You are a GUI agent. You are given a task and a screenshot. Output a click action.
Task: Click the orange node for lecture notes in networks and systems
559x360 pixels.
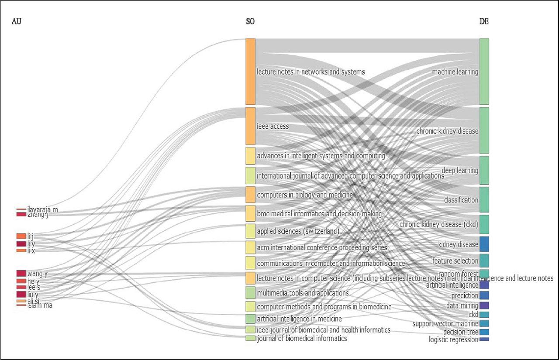click(x=250, y=72)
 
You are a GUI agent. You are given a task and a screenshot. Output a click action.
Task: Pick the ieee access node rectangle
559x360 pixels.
click(x=250, y=126)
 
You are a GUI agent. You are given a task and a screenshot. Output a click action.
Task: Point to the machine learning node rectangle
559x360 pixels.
click(x=484, y=72)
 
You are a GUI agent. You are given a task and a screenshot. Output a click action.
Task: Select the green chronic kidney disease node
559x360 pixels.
click(x=484, y=130)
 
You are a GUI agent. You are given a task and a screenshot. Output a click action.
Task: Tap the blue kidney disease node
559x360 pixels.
click(x=484, y=244)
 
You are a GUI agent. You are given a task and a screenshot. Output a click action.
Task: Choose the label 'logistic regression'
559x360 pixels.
click(x=453, y=339)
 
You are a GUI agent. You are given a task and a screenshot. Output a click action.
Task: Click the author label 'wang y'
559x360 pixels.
click(x=37, y=274)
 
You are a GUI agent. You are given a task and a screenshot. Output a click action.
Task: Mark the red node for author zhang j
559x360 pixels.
click(x=21, y=214)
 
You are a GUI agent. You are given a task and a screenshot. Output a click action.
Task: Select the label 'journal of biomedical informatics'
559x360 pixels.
click(x=302, y=339)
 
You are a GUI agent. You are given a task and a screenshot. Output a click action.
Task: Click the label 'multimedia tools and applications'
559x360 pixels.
click(x=303, y=293)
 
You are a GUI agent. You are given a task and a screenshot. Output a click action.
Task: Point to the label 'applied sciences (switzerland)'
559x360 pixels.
click(x=298, y=231)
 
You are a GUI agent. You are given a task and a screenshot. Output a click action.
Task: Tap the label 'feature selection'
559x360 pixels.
click(x=455, y=261)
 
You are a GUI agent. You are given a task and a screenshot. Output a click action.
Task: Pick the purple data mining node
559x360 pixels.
click(x=484, y=306)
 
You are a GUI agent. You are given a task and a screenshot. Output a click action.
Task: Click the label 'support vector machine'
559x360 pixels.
click(x=445, y=324)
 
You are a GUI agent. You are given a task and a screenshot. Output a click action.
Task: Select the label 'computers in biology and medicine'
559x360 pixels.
click(x=305, y=195)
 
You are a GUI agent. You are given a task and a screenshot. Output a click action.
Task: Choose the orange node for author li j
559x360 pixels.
click(x=21, y=236)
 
